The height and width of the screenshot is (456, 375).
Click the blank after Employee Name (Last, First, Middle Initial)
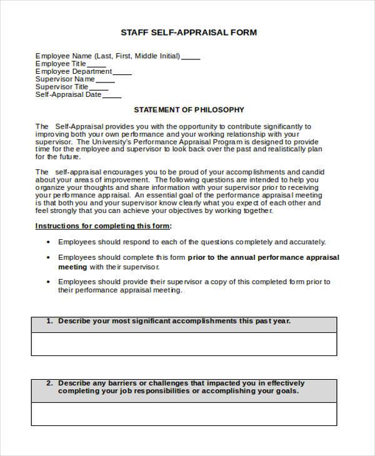point(191,57)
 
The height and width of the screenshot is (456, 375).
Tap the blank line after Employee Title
point(96,64)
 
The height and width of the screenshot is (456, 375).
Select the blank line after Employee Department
point(122,72)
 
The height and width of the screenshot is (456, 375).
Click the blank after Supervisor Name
point(106,80)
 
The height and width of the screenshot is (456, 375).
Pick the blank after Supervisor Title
point(99,88)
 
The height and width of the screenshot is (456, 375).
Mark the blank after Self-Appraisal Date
point(112,96)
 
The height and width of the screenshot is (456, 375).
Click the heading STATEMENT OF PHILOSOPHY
point(189,110)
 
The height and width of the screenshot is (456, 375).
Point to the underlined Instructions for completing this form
point(103,226)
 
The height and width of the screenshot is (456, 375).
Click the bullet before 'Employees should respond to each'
point(48,242)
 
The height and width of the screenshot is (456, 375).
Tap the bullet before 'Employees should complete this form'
point(48,257)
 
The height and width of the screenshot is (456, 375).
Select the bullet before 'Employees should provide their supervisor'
point(48,282)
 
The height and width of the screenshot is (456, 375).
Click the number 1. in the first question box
point(49,322)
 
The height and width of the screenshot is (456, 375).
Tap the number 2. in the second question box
point(49,383)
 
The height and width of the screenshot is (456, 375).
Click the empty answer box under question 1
point(184,344)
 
